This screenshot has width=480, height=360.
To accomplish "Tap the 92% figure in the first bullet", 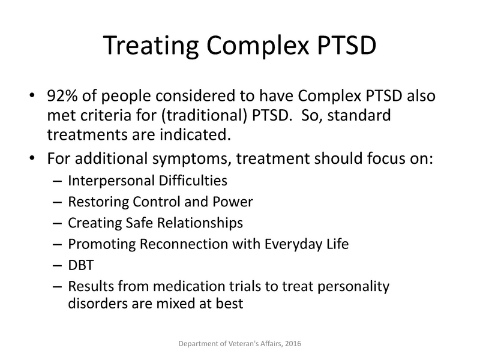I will [61, 98].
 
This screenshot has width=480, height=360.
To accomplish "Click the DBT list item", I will [80, 265].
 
